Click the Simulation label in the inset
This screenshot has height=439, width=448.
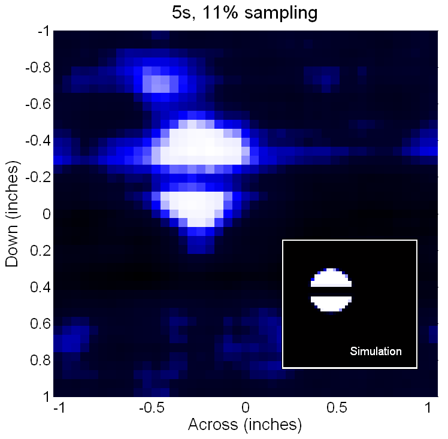click(x=376, y=352)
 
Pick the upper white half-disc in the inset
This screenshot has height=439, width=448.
click(x=331, y=277)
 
